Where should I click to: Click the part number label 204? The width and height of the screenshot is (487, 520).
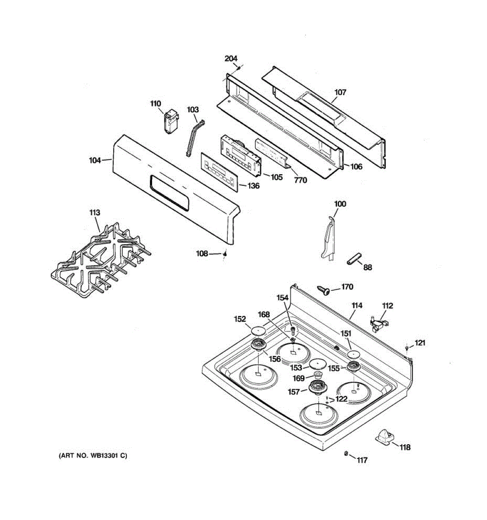(231, 59)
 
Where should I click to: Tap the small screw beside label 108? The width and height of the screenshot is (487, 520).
(225, 254)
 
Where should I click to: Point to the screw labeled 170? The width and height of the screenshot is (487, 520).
(323, 289)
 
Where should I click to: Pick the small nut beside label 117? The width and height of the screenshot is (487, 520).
(346, 454)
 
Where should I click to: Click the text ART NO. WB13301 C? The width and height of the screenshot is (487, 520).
(93, 455)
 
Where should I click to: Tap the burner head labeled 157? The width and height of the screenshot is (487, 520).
(318, 387)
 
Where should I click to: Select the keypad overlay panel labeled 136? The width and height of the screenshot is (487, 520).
(219, 172)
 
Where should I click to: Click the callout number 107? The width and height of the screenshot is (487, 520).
(340, 92)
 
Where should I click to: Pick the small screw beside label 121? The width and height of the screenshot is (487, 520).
(407, 348)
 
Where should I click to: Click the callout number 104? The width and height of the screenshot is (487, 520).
(95, 160)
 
